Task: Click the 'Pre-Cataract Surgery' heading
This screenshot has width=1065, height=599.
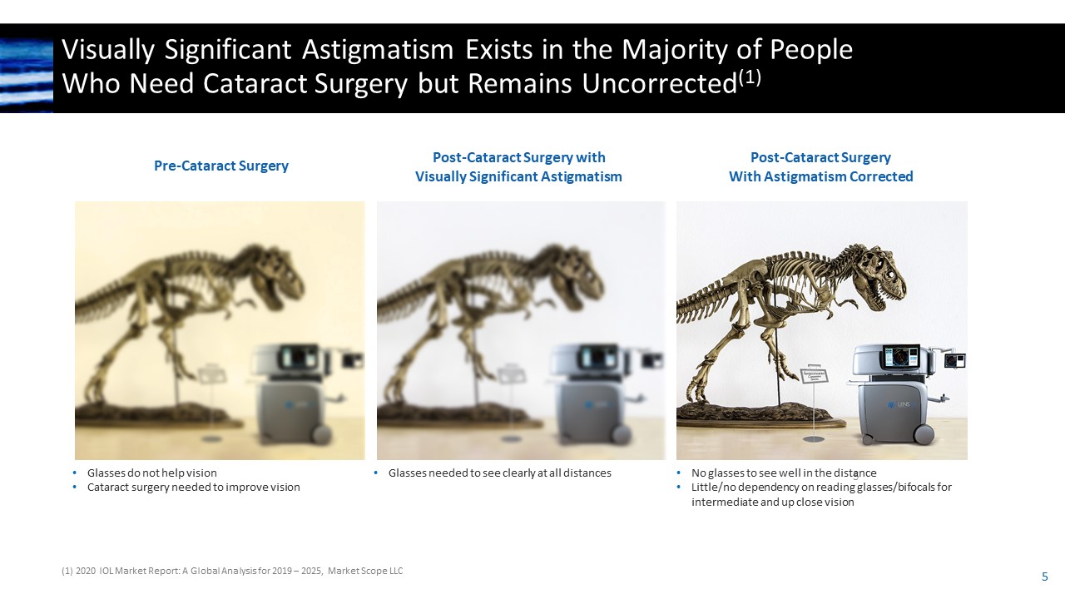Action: [x=221, y=166]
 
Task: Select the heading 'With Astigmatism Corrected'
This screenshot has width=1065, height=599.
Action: [x=820, y=176]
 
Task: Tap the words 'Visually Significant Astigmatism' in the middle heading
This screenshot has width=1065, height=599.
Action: [x=518, y=176]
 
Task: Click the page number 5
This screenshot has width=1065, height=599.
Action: [x=1044, y=577]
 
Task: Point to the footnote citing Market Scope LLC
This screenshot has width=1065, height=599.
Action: [x=232, y=571]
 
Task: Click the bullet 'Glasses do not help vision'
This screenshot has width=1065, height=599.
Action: [x=151, y=473]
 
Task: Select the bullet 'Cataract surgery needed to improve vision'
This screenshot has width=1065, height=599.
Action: [x=193, y=488]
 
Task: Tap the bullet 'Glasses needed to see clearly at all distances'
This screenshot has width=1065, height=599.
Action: [x=499, y=473]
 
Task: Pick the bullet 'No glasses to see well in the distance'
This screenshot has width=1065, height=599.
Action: [x=784, y=473]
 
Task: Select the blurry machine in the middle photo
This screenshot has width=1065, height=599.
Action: [x=592, y=391]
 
